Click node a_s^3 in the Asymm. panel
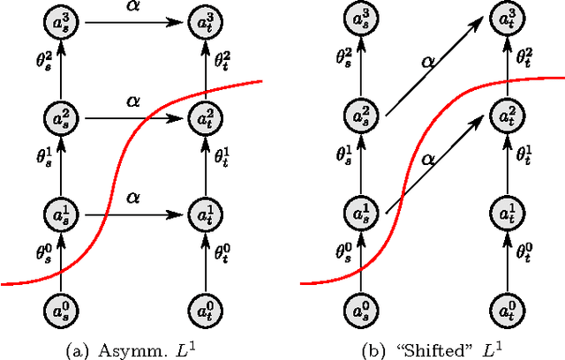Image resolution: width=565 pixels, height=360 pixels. click(x=61, y=19)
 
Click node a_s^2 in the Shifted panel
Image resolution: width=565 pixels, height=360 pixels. click(x=361, y=116)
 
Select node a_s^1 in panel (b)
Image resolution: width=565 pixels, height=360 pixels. click(x=361, y=213)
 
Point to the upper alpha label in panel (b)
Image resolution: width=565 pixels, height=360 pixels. click(x=426, y=62)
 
